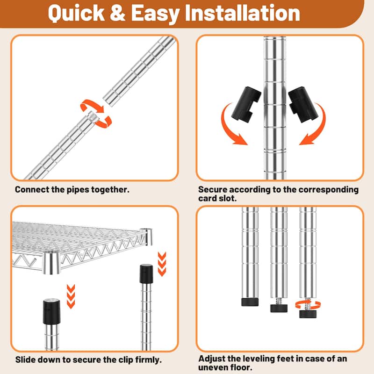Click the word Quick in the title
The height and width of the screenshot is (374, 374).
point(76,14)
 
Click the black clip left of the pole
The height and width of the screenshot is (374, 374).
point(246,104)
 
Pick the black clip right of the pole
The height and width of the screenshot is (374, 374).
point(303,104)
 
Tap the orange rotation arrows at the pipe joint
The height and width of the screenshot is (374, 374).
point(96,113)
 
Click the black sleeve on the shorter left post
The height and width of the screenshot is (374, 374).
point(51,311)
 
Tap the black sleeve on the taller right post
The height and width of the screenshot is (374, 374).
point(146,273)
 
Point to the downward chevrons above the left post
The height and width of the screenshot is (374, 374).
point(71,296)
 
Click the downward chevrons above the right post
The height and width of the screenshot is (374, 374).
point(162,264)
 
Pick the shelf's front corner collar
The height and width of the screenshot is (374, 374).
point(51,263)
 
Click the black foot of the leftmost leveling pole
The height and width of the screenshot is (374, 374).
point(250,302)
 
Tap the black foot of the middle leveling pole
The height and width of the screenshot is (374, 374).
point(279,308)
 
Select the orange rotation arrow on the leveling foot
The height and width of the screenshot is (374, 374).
point(308,305)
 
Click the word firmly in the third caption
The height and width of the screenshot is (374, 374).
point(148,360)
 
